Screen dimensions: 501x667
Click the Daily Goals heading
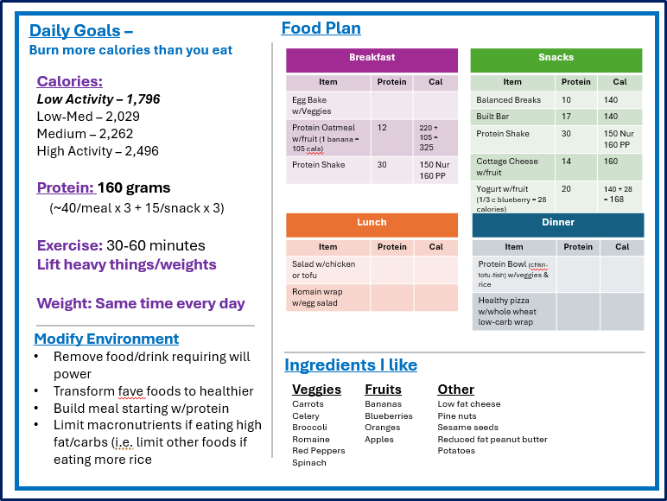coord(74,31)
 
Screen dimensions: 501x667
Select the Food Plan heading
coord(321,29)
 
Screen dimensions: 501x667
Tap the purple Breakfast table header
coord(372,58)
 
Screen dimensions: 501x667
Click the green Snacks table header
coord(556,58)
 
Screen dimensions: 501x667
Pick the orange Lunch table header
coord(372,223)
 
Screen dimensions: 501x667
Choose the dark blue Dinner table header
coord(557,223)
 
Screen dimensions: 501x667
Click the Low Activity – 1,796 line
coord(98,99)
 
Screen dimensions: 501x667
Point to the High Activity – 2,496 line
coord(98,151)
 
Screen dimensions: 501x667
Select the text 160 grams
coord(134,187)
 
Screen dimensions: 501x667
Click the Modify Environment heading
coord(106,339)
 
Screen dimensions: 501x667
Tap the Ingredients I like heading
coord(351,365)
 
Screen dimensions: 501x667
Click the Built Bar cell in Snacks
coord(492,117)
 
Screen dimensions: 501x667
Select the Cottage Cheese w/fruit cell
coord(507,166)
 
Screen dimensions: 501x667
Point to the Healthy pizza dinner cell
coord(509,311)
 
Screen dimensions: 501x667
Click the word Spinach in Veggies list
coord(308,463)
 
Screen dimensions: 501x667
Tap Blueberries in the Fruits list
coord(388,415)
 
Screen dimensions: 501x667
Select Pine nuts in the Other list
coord(456,415)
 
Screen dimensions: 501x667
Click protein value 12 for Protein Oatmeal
coord(382,127)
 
